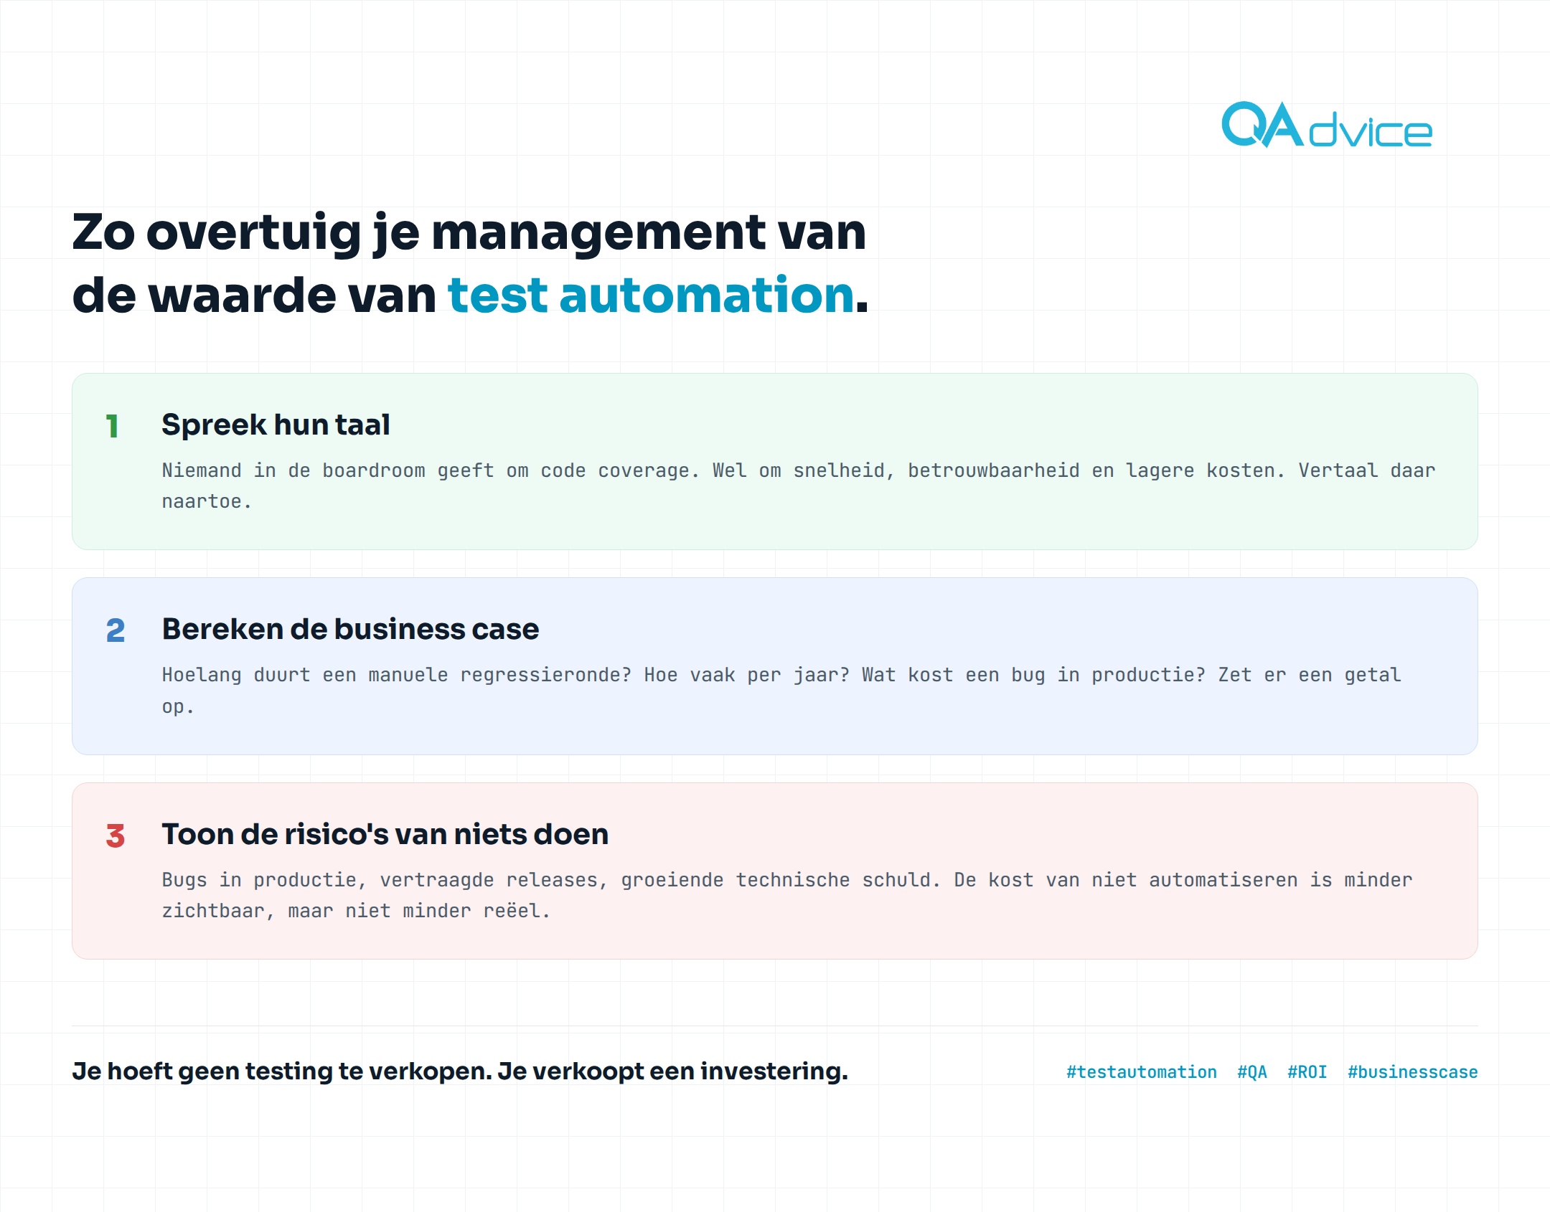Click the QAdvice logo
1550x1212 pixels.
tap(1327, 125)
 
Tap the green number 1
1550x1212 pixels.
tap(112, 426)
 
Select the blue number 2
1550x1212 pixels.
tap(116, 630)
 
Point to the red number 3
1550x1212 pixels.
tap(116, 835)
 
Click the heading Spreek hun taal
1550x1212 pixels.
tap(276, 425)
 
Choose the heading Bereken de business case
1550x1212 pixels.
tap(350, 629)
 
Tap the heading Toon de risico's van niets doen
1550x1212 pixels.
tap(385, 834)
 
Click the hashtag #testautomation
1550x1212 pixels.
tap(1142, 1071)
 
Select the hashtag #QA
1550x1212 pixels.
tap(1252, 1071)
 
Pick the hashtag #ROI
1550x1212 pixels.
tap(1307, 1071)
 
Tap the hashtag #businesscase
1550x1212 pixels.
tap(1413, 1071)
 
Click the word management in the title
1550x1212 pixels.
tap(599, 233)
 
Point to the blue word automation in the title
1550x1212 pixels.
tap(707, 295)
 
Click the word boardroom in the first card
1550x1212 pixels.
tap(374, 470)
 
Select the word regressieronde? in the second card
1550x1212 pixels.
tap(546, 675)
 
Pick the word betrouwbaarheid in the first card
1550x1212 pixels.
tap(994, 470)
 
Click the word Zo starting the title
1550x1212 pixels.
tap(103, 233)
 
